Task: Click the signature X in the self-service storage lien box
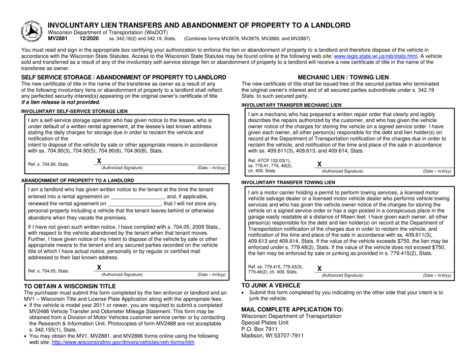pyautogui.click(x=99, y=161)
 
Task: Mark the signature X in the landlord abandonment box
pyautogui.click(x=99, y=267)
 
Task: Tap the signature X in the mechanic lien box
pyautogui.click(x=320, y=164)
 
